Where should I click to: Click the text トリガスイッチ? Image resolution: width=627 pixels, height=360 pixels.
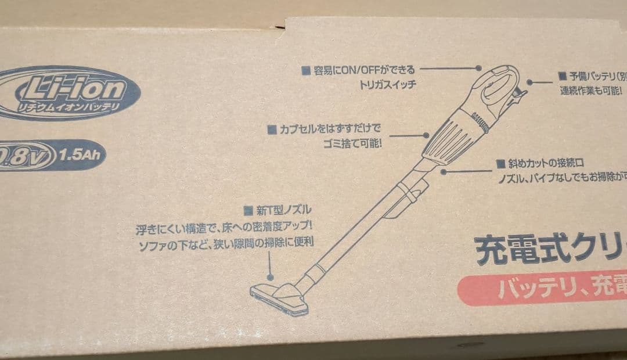click(388, 84)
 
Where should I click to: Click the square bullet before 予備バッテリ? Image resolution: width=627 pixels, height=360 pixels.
click(562, 76)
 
